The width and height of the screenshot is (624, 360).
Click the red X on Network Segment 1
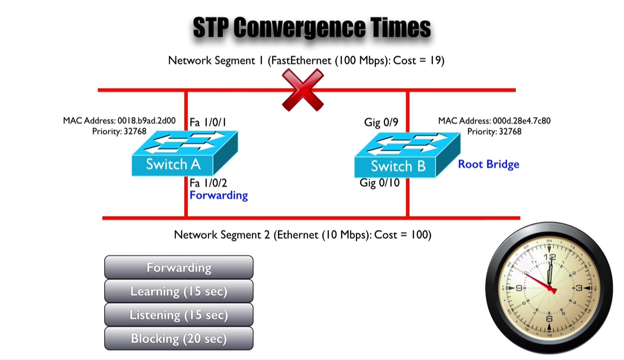tap(303, 90)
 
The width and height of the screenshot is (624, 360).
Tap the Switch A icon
tap(185, 153)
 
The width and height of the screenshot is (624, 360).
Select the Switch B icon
tap(407, 155)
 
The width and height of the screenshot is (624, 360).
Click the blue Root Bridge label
tap(488, 164)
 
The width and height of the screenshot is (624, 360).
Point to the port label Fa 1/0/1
tap(208, 122)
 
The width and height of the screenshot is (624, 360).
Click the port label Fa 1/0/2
tap(208, 183)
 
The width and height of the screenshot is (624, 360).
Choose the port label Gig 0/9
tap(381, 122)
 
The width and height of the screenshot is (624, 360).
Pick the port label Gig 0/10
tap(379, 183)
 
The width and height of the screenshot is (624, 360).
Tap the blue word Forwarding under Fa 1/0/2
tap(219, 196)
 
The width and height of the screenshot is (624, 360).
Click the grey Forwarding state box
tap(179, 267)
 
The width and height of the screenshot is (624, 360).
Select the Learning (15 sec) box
tap(179, 291)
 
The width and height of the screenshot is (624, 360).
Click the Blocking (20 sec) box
tap(179, 338)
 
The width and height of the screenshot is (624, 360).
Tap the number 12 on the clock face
tap(549, 257)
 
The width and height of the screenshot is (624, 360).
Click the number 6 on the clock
tap(549, 319)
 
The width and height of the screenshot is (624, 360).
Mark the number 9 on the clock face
tap(519, 288)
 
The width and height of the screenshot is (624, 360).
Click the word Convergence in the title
tap(299, 27)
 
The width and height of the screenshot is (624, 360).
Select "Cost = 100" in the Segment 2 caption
tap(403, 235)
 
